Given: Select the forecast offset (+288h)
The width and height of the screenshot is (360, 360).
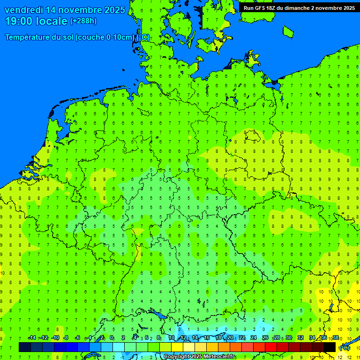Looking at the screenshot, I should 83,21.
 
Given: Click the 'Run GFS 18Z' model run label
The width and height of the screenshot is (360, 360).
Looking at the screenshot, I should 261,8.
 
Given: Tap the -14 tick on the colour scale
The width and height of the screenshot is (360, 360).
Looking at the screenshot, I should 32,338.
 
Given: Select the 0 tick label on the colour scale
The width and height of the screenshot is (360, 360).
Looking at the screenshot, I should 112,338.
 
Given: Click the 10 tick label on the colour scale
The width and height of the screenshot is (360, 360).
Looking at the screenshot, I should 172,338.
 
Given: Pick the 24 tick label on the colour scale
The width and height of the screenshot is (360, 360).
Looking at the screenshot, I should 254,338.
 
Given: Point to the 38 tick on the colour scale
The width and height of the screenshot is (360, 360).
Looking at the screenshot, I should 336,338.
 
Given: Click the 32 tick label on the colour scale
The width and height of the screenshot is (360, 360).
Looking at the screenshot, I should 300,338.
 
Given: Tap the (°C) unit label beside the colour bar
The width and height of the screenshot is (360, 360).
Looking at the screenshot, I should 345,348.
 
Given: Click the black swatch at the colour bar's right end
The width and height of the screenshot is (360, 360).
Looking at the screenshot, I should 330,347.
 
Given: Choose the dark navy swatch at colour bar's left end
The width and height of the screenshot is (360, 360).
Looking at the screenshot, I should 25,347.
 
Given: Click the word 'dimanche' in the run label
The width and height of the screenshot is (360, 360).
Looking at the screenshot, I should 299,8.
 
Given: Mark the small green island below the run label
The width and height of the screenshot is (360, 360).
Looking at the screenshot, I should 288,31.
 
